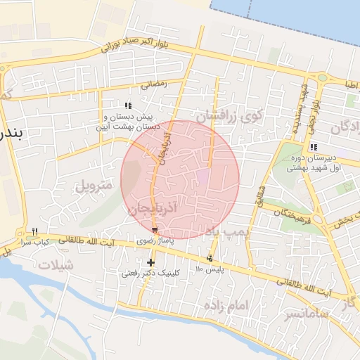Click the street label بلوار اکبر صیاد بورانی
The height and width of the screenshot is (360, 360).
[146, 44]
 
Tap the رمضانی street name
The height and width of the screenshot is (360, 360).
[154, 84]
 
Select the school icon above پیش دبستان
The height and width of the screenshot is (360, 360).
[128, 105]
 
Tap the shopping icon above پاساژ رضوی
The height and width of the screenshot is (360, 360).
[155, 231]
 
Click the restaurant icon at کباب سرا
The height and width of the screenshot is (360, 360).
[34, 231]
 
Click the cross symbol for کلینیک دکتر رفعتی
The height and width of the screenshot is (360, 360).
[150, 262]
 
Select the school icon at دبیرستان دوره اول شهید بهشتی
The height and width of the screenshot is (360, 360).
[313, 147]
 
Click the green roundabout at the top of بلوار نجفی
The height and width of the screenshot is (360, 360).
[322, 77]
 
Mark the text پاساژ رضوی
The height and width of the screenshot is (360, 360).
[155, 240]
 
